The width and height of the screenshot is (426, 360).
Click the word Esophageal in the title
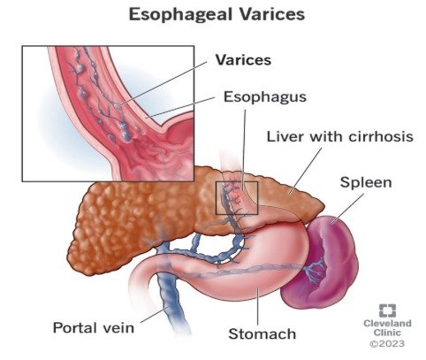click(x=181, y=14)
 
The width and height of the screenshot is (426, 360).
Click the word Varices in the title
click(x=271, y=14)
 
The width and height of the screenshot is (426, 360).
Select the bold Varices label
click(x=243, y=60)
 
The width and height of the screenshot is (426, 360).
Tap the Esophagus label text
click(x=265, y=97)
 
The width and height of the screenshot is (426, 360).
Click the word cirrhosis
click(x=381, y=136)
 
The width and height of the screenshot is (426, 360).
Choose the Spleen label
click(x=366, y=182)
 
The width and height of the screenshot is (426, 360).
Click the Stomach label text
click(x=262, y=334)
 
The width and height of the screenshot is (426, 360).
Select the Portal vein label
click(x=94, y=327)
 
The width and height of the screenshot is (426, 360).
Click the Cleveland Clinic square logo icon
click(x=387, y=310)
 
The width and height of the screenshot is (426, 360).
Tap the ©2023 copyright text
click(x=387, y=343)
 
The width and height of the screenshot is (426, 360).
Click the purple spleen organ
click(x=323, y=263)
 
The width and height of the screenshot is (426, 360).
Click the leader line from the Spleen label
click(x=347, y=209)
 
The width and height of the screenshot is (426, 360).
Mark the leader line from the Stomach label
click(x=258, y=306)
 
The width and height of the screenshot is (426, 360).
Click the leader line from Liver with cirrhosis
click(x=306, y=171)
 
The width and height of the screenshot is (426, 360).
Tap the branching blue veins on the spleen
click(x=316, y=269)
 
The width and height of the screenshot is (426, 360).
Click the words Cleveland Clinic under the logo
click(x=387, y=328)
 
